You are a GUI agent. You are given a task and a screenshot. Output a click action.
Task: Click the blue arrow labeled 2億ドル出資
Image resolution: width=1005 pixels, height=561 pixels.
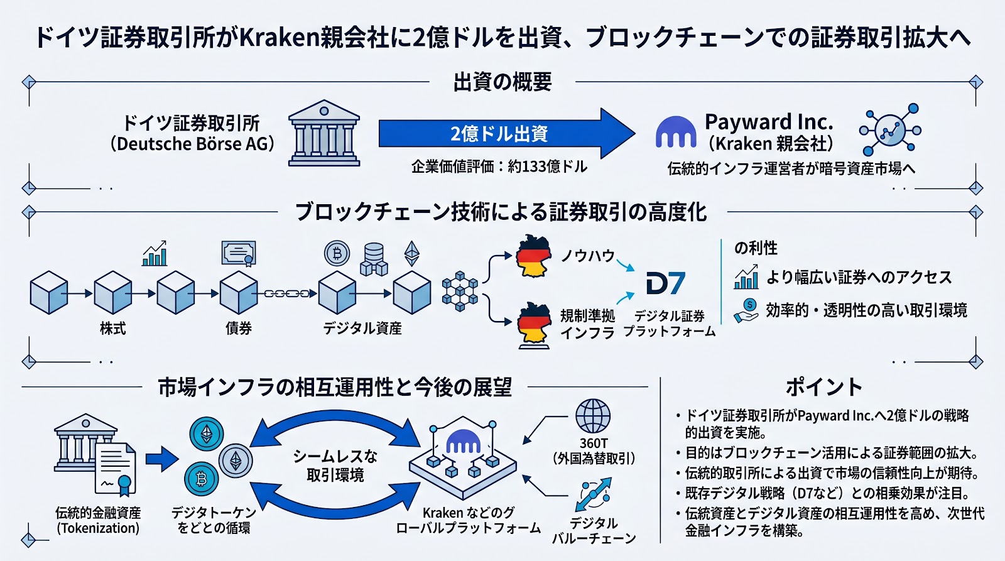499,133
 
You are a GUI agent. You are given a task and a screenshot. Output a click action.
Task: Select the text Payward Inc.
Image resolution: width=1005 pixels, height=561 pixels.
769,121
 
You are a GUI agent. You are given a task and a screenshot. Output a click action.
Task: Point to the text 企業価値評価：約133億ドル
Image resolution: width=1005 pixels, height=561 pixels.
499,166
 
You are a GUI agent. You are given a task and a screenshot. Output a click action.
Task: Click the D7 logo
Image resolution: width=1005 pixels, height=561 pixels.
665,283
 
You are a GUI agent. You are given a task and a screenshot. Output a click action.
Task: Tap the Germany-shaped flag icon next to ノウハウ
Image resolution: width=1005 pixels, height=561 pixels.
533,256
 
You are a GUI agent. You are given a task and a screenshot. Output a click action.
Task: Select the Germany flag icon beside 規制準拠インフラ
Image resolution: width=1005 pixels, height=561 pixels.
534,324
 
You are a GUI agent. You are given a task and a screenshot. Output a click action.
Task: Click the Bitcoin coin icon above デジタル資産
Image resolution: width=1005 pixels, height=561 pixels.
337,253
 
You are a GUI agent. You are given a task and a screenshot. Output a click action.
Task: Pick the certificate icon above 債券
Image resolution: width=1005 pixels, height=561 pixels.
239,253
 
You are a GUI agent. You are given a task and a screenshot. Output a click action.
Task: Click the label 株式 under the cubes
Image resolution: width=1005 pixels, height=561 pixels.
113,329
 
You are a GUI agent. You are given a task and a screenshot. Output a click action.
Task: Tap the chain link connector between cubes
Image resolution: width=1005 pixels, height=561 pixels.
287,293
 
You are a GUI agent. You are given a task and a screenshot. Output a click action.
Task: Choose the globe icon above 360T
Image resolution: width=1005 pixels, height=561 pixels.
593,416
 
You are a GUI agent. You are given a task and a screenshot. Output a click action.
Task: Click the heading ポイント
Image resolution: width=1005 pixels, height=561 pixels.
823,387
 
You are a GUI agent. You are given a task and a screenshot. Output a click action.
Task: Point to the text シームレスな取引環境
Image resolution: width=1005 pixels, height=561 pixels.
335,466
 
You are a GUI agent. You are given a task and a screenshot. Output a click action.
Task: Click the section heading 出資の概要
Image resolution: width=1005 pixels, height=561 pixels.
503,82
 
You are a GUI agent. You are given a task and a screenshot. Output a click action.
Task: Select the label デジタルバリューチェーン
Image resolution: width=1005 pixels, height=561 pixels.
594,531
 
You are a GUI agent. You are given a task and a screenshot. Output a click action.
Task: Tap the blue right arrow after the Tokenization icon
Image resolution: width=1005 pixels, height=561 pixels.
162,459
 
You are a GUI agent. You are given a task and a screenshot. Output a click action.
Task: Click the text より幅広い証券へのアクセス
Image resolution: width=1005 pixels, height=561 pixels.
859,277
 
